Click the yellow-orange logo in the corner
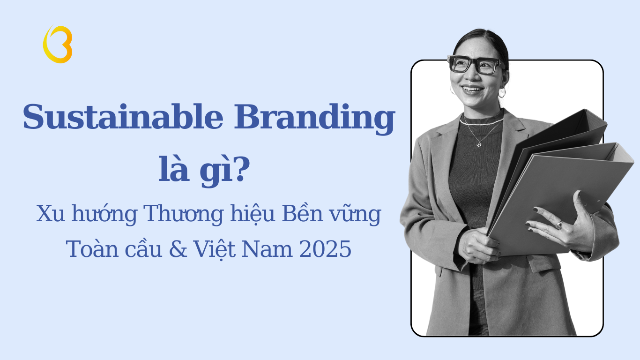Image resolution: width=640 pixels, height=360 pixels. (58, 44)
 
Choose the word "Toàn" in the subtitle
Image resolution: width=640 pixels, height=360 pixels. (86, 249)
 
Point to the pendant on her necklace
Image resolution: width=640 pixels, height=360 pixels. (478, 145)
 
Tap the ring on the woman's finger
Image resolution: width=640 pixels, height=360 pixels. (559, 225)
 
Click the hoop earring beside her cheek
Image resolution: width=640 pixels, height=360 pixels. (502, 92)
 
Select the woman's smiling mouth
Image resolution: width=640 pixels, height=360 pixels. (472, 88)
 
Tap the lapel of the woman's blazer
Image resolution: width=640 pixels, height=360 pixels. (438, 155)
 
